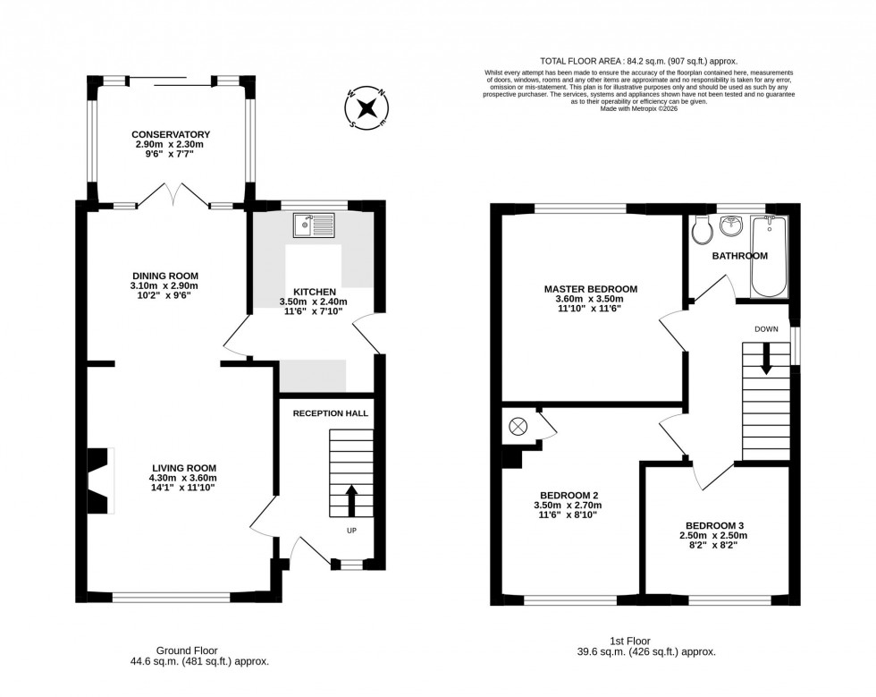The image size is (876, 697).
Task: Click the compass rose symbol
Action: tap(366, 108)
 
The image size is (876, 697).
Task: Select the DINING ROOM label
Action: tap(164, 276)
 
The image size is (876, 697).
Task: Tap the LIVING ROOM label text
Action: tap(184, 468)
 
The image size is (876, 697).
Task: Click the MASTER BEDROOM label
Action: tap(591, 289)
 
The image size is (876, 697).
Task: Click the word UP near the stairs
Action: tap(350, 530)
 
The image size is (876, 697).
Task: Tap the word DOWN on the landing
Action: tap(766, 329)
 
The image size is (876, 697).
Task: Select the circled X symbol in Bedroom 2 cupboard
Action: tap(517, 427)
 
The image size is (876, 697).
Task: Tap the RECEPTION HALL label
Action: tap(332, 412)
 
